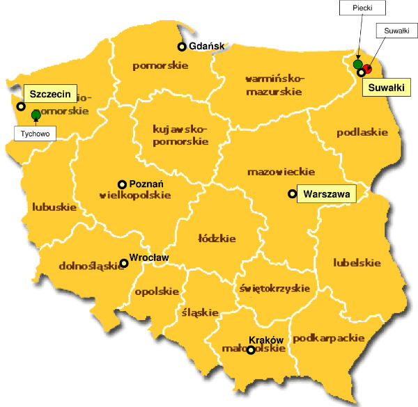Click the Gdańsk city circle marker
click(182, 47)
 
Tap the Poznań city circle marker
click(122, 184)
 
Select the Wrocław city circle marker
click(124, 263)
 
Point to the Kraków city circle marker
click(251, 351)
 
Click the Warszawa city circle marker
click(291, 195)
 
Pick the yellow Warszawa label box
click(326, 194)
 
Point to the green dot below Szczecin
click(36, 114)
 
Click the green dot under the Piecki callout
click(358, 65)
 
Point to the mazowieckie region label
click(281, 172)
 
